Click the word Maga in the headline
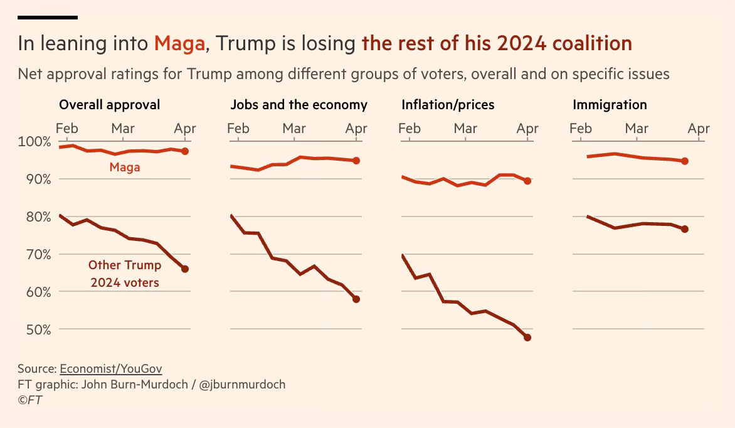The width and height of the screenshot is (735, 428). (x=179, y=44)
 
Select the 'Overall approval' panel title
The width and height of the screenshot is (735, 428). (x=109, y=105)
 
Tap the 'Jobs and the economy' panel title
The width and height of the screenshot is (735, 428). (x=299, y=105)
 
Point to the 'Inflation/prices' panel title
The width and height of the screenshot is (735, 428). (x=448, y=105)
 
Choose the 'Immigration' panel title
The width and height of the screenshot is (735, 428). (x=610, y=105)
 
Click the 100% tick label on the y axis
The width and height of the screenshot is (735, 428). (x=34, y=142)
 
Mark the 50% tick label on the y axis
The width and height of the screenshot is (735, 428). (x=38, y=329)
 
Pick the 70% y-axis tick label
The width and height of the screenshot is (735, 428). (x=38, y=254)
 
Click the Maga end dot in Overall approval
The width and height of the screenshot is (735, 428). (x=184, y=151)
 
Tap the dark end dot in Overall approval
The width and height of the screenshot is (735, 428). (x=184, y=269)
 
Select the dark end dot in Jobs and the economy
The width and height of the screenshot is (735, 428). (x=356, y=299)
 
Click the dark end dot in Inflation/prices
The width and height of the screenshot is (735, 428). (x=527, y=338)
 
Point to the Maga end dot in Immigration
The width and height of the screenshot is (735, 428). (x=685, y=161)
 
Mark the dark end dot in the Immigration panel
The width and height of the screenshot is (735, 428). (x=685, y=229)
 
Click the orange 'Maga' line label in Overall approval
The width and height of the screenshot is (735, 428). (x=125, y=168)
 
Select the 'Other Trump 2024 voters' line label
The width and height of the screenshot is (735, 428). (x=125, y=274)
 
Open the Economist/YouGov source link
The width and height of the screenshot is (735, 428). (x=110, y=369)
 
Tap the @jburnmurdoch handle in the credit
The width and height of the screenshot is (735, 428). (x=242, y=385)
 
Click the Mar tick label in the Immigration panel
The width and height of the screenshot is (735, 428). (x=637, y=128)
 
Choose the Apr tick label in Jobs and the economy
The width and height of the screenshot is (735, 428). (x=356, y=129)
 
